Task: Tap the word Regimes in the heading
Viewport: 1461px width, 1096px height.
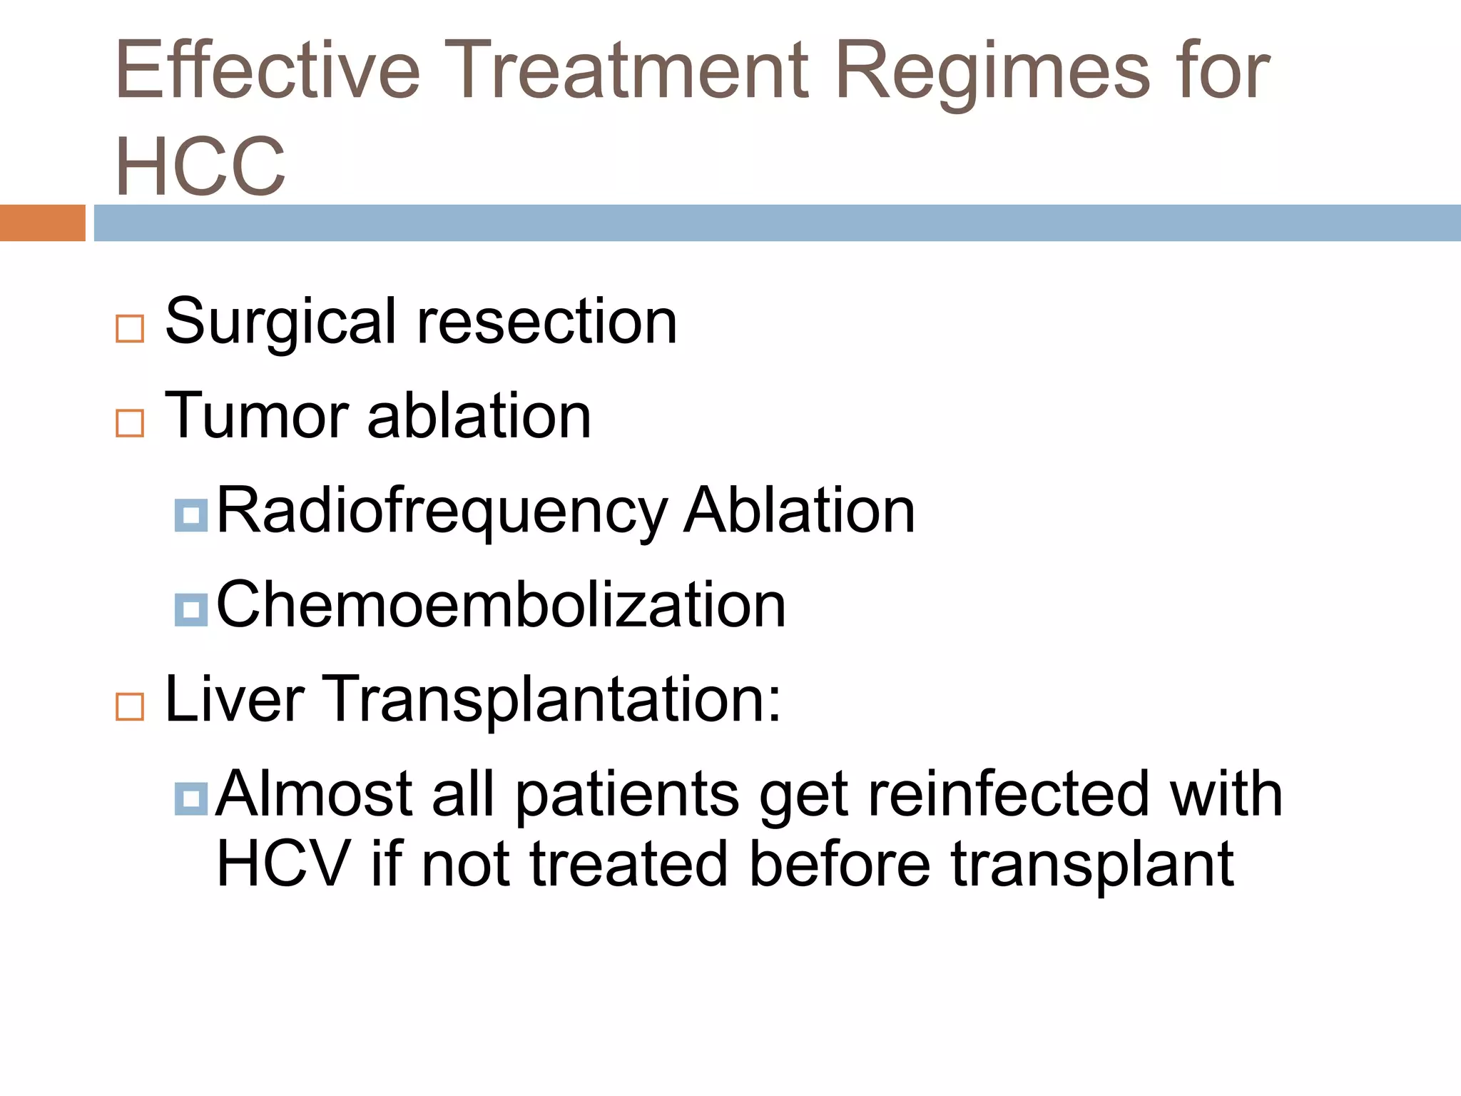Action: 992,71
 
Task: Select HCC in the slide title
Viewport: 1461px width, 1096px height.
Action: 200,166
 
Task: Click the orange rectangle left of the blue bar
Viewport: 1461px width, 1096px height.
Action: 42,223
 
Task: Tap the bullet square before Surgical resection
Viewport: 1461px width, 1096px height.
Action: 130,329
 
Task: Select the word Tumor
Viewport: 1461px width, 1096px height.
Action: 257,416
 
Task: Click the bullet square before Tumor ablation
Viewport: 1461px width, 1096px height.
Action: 130,423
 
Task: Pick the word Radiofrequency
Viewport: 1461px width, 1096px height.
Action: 442,511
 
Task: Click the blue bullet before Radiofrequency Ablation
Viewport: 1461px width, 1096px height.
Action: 190,515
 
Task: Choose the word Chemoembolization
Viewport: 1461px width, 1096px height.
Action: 501,605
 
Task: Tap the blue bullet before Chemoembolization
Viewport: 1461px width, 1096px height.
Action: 190,610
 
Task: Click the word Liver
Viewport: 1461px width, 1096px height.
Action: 235,699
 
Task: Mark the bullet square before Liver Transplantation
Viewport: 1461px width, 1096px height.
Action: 130,706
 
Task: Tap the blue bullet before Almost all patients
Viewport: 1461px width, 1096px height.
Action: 190,798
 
